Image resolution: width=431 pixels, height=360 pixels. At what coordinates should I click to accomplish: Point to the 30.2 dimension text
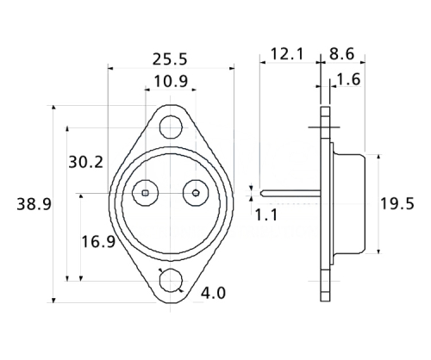click(85, 162)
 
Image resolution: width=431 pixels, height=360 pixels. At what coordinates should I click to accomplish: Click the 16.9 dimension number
click(97, 241)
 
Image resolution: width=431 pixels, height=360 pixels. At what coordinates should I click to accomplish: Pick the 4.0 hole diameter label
click(213, 294)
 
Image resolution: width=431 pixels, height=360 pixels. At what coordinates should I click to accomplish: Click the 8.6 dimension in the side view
click(343, 54)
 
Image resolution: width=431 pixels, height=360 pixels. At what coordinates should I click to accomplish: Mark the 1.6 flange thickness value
click(348, 80)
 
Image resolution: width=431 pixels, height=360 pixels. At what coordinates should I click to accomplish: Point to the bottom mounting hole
click(171, 282)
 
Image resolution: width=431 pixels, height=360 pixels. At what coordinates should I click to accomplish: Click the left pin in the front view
click(146, 193)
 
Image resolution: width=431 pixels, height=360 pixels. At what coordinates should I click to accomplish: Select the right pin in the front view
click(196, 193)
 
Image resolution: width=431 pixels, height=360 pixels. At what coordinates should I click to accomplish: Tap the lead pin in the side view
click(289, 193)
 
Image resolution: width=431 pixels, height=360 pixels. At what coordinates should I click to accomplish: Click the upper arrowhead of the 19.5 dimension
click(377, 158)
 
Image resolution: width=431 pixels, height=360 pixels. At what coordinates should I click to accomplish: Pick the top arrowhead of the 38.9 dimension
click(53, 109)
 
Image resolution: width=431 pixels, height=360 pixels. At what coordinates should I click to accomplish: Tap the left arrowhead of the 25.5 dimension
click(111, 67)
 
